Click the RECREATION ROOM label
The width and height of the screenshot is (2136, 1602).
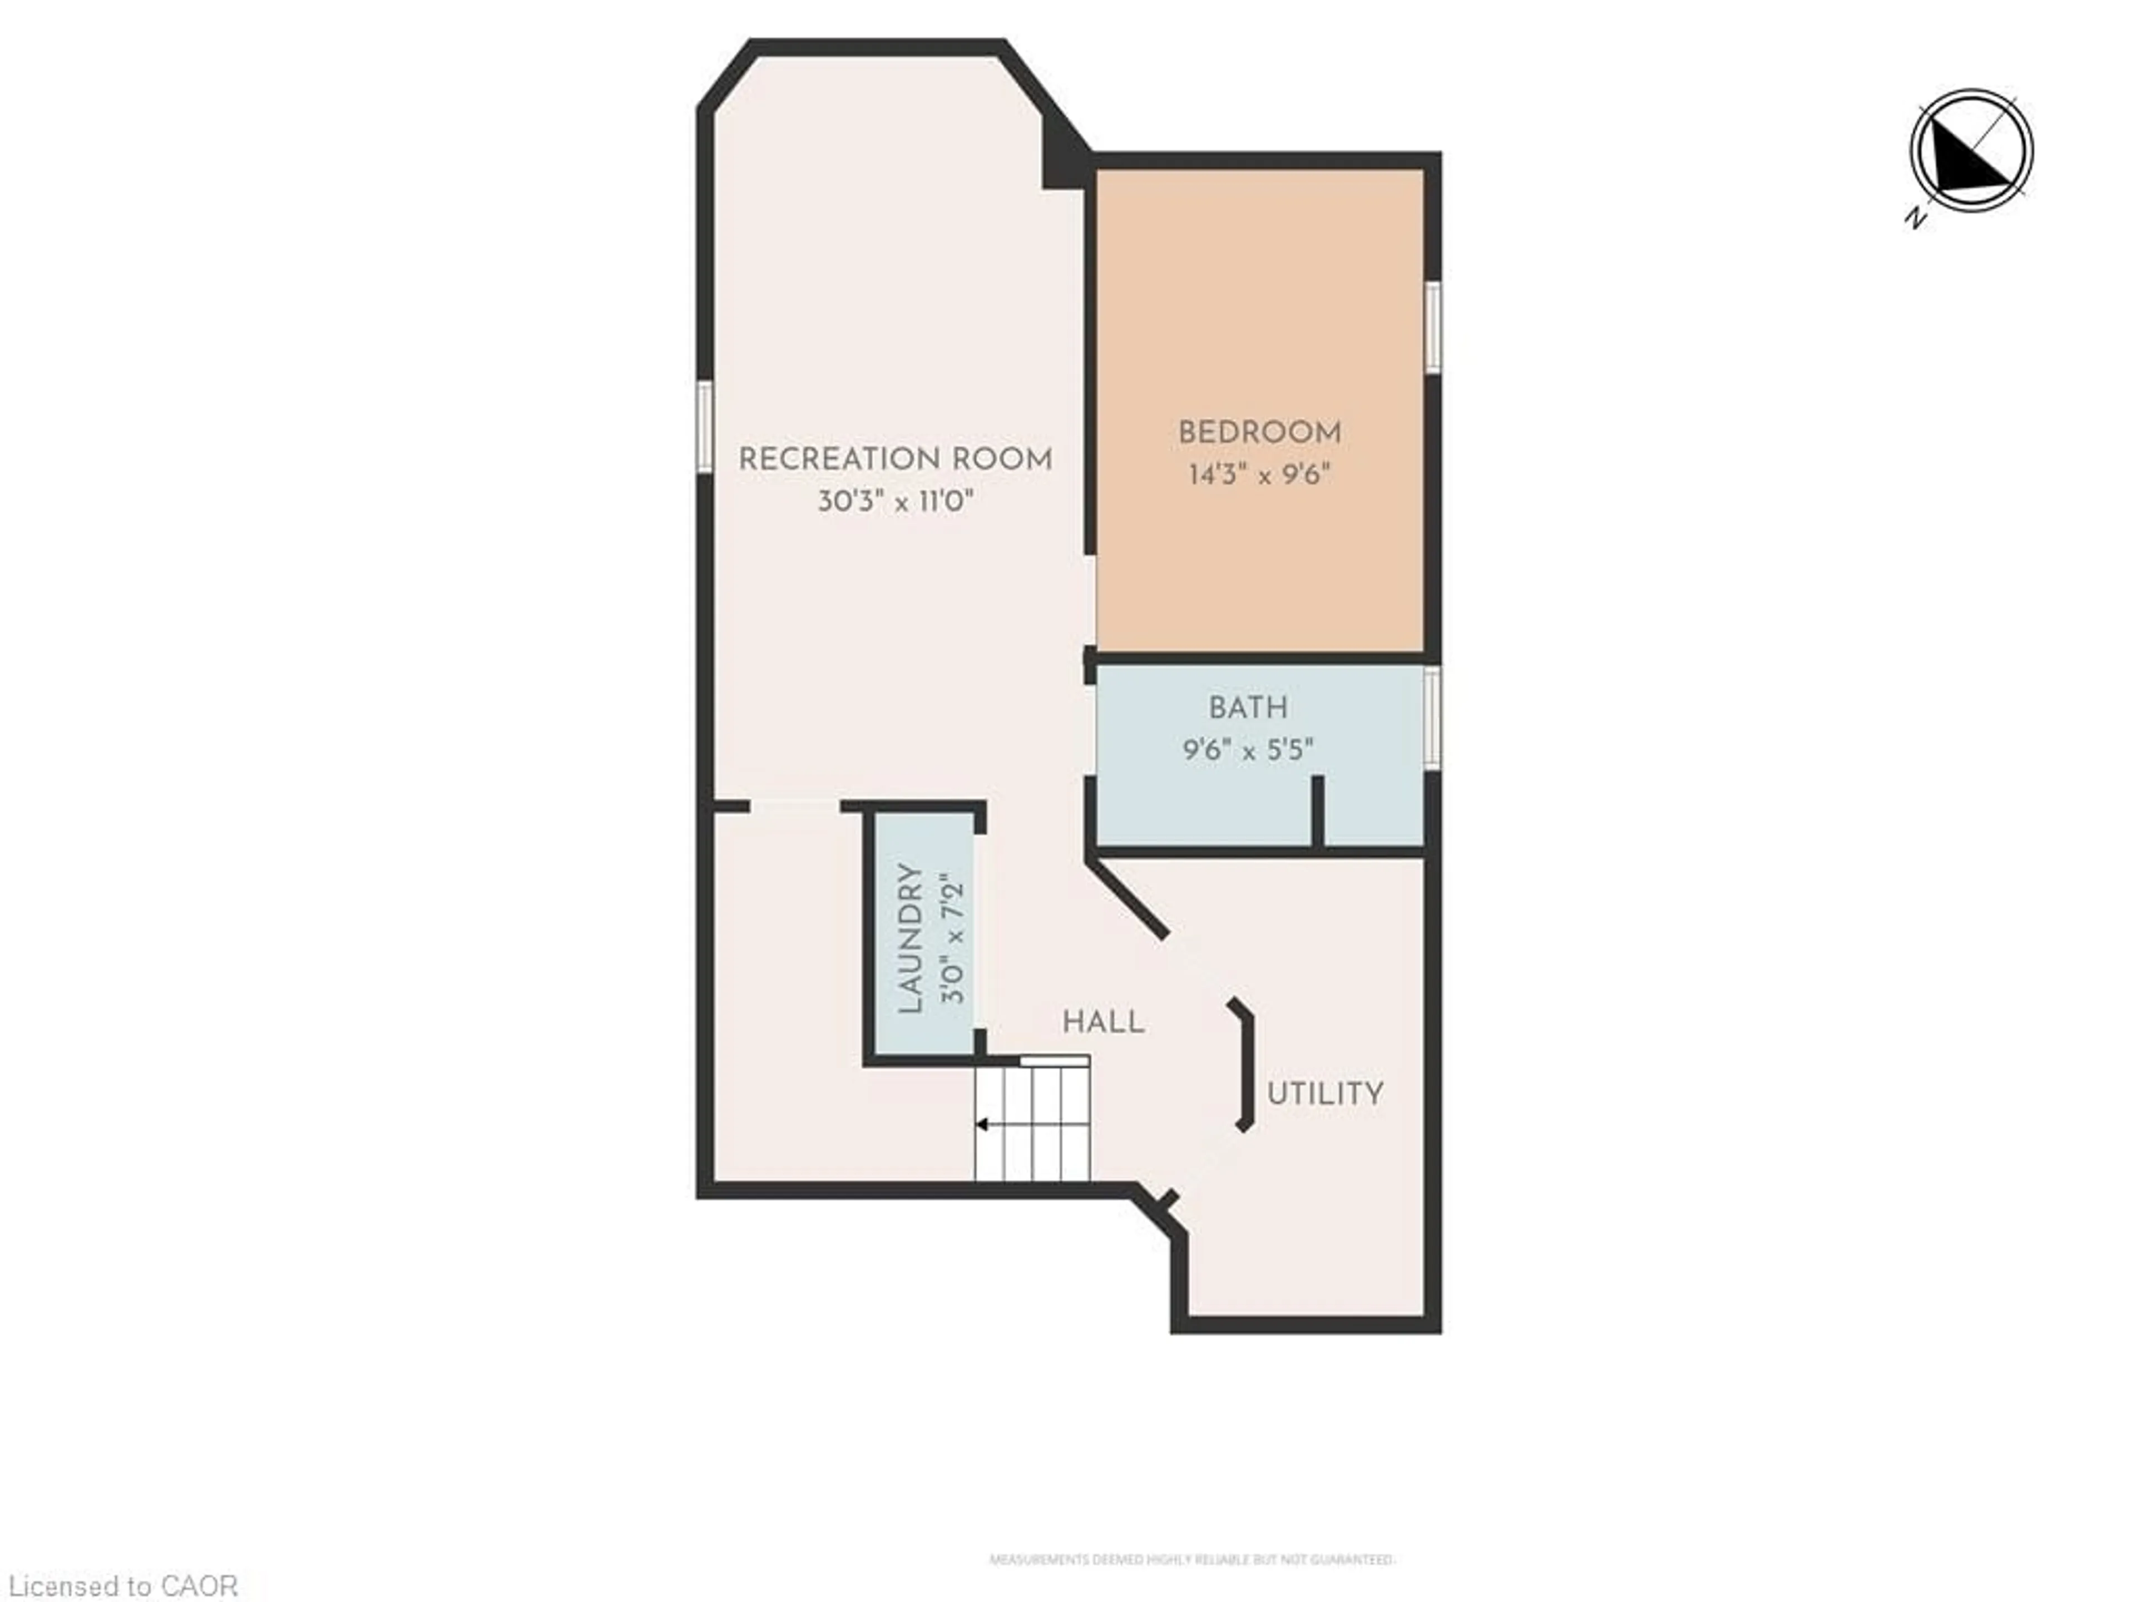895,459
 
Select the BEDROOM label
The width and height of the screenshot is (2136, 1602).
1259,433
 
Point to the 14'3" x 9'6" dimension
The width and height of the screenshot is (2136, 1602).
1259,475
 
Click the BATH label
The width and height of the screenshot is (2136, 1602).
1248,708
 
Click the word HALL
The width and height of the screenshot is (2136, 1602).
1102,1022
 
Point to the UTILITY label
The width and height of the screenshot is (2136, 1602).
1325,1094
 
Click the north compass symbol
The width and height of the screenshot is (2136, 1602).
1971,151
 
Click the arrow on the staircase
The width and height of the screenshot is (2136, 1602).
982,1125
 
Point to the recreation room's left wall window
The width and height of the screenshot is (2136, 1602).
705,427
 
